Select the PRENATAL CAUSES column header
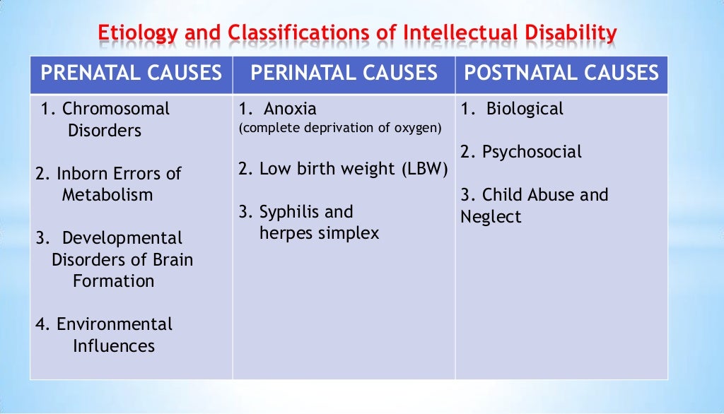click(x=131, y=73)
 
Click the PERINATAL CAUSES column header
click(x=344, y=73)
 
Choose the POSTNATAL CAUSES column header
click(x=561, y=73)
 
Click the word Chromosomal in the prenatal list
click(x=116, y=109)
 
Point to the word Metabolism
click(x=107, y=195)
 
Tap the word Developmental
click(x=122, y=238)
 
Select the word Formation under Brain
click(x=113, y=281)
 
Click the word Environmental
click(x=115, y=324)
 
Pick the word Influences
click(x=114, y=346)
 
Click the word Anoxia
click(x=291, y=109)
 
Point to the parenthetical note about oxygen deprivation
click(x=340, y=129)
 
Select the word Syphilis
click(x=286, y=212)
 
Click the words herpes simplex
click(x=319, y=233)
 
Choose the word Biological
click(x=525, y=109)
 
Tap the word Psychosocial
click(x=532, y=152)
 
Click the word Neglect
click(x=491, y=217)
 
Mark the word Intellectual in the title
click(x=461, y=33)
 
